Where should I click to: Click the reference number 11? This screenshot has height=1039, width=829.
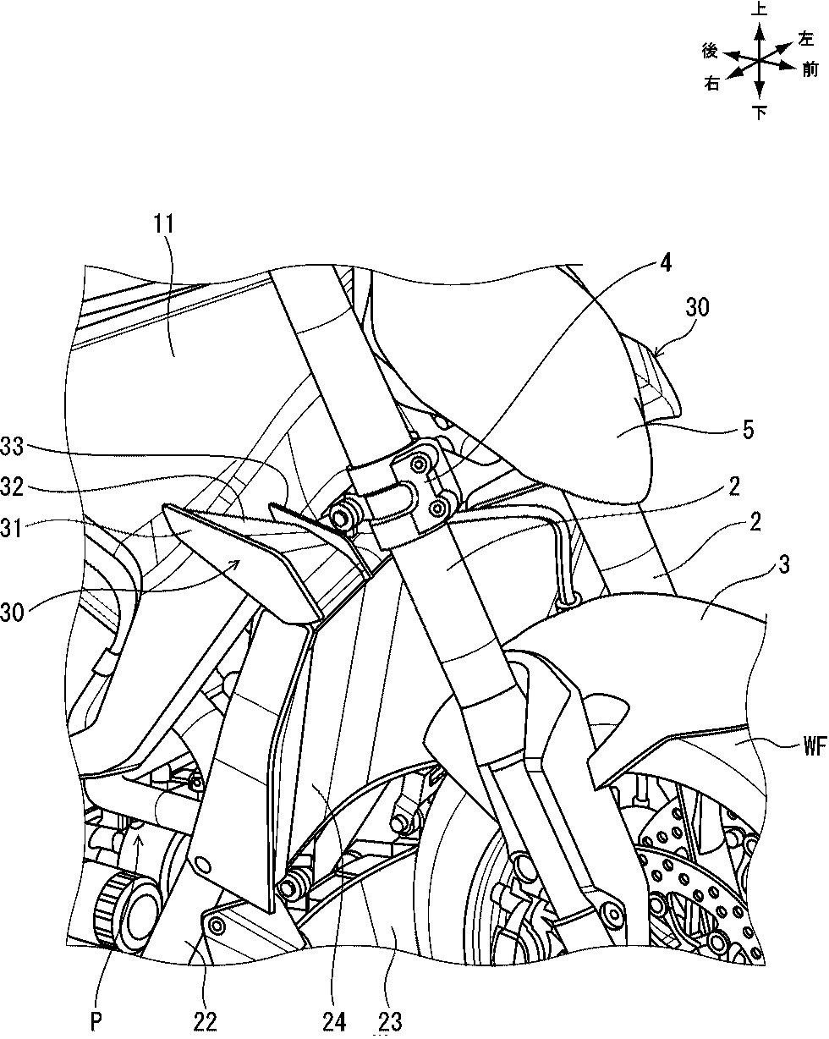(163, 225)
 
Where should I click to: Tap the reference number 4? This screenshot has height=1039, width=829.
(666, 264)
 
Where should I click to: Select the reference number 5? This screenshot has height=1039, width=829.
(748, 429)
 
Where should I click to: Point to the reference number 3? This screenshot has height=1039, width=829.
(784, 564)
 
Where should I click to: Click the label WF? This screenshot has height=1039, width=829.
(815, 746)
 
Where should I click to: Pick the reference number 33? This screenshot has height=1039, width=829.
(12, 447)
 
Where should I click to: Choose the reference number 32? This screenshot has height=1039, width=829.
(12, 487)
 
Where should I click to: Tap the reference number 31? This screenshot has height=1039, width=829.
(12, 528)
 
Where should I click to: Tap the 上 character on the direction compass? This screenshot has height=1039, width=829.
(760, 9)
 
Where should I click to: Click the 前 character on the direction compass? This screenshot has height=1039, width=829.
(810, 70)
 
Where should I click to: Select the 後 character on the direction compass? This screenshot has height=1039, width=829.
(711, 51)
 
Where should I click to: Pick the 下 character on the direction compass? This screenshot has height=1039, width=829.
(760, 113)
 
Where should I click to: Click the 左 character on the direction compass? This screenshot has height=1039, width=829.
(805, 38)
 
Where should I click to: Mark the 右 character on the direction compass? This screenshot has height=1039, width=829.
(712, 85)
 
